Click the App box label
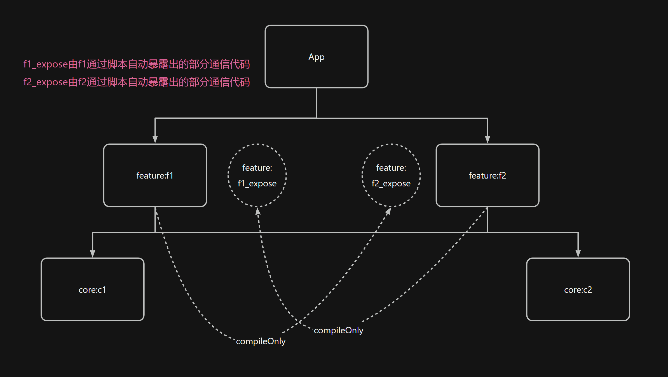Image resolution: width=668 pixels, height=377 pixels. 317,57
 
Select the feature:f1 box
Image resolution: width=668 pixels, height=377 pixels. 155,175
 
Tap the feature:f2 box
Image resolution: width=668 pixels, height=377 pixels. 487,175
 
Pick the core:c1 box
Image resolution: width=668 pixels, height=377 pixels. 92,289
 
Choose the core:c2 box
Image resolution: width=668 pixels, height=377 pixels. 578,289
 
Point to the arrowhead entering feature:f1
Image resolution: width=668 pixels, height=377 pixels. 155,139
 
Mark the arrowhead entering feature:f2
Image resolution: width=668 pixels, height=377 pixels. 487,139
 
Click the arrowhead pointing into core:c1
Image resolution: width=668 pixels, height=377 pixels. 93,253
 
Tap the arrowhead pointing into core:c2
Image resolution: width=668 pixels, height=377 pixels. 578,253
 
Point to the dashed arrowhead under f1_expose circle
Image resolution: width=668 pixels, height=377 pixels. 258,211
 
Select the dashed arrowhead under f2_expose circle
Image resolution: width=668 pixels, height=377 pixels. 388,211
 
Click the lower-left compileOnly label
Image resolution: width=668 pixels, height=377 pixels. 261,341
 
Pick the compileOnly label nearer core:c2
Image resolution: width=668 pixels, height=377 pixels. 338,330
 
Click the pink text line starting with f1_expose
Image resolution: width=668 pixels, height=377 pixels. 137,64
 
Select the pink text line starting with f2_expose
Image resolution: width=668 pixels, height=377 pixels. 137,82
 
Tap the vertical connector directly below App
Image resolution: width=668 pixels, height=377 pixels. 317,103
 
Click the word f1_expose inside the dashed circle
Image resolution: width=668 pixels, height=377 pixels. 257,183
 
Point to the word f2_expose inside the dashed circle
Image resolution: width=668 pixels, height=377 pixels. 391,183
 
